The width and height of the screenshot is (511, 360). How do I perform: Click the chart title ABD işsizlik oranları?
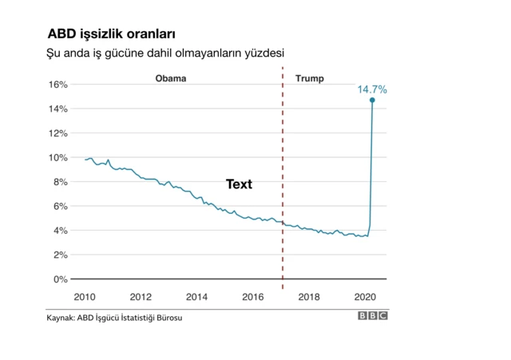[111, 34]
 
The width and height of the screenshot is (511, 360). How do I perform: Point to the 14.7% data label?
[372, 89]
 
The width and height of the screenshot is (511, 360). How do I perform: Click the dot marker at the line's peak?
[372, 100]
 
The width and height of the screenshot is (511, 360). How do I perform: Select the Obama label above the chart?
[170, 78]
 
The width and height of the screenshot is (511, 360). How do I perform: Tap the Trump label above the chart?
[310, 78]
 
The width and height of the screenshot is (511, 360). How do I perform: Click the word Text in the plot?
[239, 184]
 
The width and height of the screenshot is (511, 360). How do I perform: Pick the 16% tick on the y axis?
[58, 85]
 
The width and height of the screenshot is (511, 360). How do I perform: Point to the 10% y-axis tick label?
[58, 157]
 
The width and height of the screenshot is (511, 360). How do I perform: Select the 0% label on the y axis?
[61, 279]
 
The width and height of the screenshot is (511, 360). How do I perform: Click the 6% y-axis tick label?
[61, 206]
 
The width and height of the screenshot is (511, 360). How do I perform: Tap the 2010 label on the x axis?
[85, 297]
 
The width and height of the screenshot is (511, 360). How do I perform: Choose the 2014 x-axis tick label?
[197, 297]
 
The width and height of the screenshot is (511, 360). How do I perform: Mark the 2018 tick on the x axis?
[309, 297]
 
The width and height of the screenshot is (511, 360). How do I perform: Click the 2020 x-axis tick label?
[365, 297]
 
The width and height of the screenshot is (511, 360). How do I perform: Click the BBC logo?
[373, 317]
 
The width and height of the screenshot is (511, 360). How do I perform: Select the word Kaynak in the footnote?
[61, 318]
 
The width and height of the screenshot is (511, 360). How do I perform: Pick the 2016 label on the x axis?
[253, 297]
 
